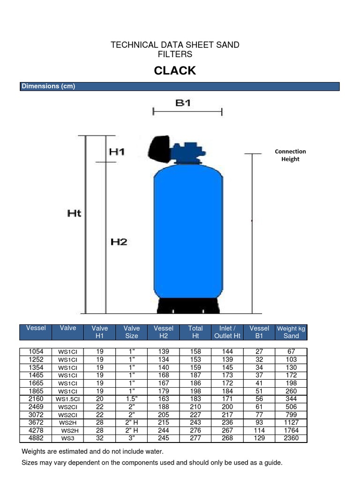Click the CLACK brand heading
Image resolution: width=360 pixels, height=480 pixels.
pos(175,71)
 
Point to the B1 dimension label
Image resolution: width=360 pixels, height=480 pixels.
pos(183,103)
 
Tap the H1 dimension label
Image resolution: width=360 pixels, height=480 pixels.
pos(117,152)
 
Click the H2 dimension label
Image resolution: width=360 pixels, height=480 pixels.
pos(119,242)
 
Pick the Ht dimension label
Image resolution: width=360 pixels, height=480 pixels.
pos(74,213)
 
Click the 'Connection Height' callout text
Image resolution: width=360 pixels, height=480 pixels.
pos(290,155)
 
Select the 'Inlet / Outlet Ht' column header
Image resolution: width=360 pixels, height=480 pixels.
pos(227,332)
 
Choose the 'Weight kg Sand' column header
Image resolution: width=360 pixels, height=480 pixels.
pos(291,332)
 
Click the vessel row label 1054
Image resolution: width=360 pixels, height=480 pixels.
pos(36,352)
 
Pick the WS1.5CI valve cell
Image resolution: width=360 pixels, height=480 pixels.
pos(68,399)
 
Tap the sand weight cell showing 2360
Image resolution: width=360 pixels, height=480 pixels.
pos(291,439)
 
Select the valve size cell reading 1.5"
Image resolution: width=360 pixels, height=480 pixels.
pos(132,399)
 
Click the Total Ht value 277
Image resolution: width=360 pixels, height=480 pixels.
pos(195,439)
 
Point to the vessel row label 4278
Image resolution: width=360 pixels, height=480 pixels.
pos(36,431)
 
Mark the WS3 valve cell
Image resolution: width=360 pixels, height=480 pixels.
pos(68,439)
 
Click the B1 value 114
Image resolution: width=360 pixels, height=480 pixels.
pos(259,431)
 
